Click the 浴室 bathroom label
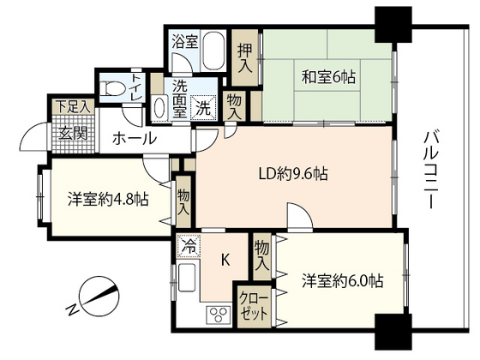coord(184,42)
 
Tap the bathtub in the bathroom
coord(213,51)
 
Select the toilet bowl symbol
coord(112,87)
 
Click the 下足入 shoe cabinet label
coord(74,106)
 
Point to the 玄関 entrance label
coord(74,133)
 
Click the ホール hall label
coord(135,138)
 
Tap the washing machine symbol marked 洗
coord(203,108)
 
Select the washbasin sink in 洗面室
coord(159,107)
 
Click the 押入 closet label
coord(245,58)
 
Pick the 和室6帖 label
coord(328,77)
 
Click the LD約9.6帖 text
coord(293,174)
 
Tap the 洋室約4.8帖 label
coord(108,199)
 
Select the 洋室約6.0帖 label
coord(342,280)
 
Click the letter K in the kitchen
coord(225,261)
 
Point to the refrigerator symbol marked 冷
coord(189,245)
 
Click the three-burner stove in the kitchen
coord(219,314)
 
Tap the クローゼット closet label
coord(254,306)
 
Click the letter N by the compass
coord(72,310)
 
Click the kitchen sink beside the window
coord(187,277)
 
